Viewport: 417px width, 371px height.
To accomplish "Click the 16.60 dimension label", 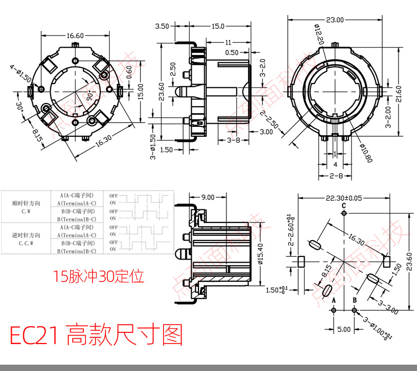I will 75,36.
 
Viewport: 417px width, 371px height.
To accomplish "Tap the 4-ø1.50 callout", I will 20,73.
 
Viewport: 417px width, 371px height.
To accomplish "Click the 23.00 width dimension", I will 335,20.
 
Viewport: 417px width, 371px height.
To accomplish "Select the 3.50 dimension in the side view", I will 162,26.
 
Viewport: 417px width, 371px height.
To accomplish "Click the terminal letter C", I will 344,206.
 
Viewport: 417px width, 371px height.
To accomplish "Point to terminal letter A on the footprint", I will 334,300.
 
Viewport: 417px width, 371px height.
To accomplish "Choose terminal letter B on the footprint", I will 355,300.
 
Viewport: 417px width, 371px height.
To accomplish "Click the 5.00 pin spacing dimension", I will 344,329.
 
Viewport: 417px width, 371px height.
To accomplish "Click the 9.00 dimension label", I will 207,197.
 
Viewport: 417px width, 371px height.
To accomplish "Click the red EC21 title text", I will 96,336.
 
